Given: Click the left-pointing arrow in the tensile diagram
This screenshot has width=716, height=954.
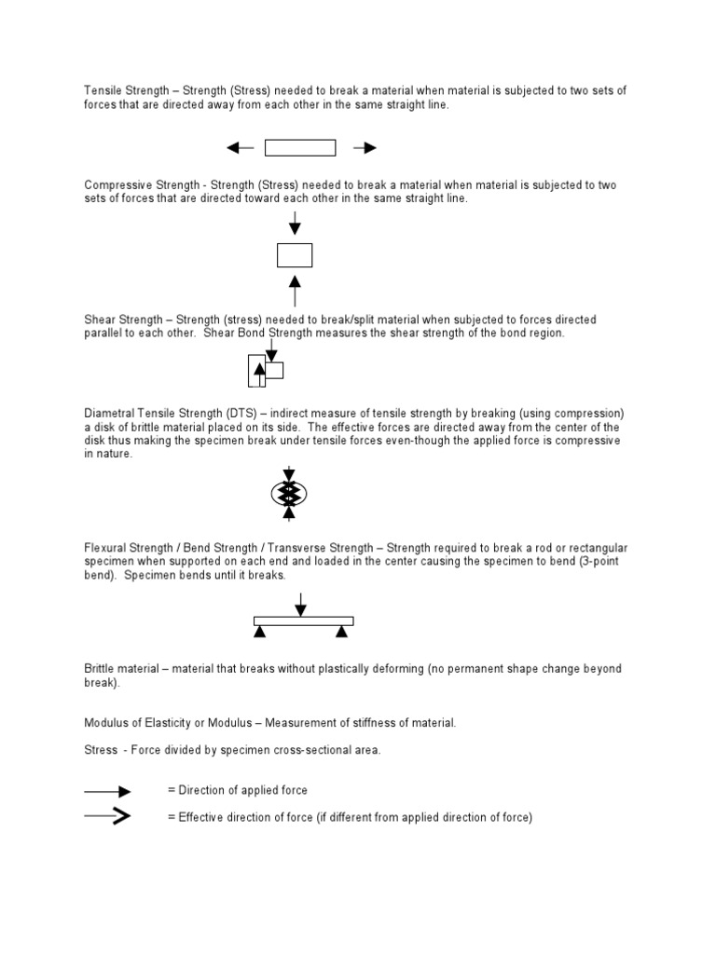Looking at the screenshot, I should [x=240, y=147].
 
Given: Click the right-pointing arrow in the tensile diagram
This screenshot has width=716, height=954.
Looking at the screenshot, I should [x=365, y=147].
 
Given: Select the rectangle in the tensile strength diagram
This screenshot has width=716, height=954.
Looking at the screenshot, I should [x=300, y=147].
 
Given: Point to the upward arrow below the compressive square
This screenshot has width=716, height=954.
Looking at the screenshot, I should [x=295, y=290].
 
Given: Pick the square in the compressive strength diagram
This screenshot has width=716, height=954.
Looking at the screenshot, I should [x=295, y=254].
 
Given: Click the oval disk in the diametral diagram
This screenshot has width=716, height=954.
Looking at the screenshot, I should [x=289, y=493].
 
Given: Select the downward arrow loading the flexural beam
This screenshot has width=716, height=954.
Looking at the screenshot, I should [x=299, y=605].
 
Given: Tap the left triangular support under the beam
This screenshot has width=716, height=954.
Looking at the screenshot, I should [x=260, y=632].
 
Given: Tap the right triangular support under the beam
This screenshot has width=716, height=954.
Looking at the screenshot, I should [x=341, y=632].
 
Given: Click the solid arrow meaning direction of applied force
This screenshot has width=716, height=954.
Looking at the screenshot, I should [x=108, y=790].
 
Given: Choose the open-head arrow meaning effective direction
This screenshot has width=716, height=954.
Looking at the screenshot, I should [x=108, y=816].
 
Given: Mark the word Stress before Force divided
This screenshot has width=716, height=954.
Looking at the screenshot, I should [x=101, y=750].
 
